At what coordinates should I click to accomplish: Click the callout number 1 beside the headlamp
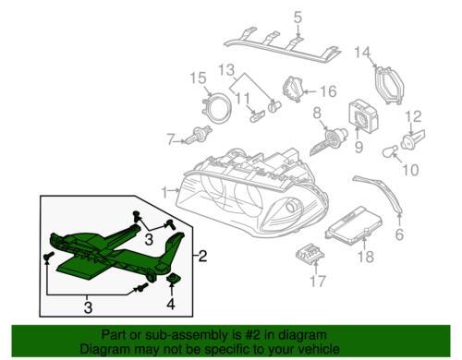(x=164, y=192)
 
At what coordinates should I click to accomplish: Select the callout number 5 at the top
(x=298, y=16)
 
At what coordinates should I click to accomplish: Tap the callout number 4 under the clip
(x=170, y=303)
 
